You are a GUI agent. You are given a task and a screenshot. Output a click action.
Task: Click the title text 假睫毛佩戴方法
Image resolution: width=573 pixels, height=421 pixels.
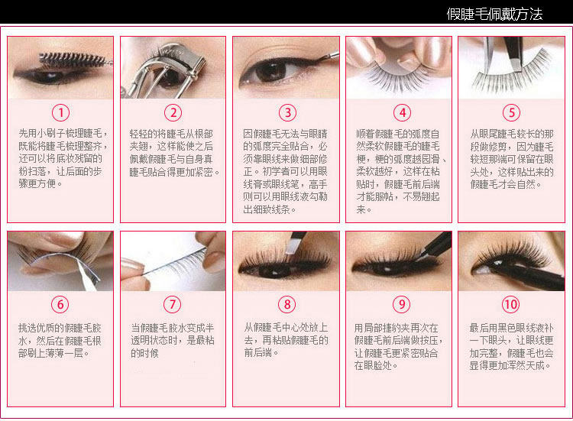pyautogui.click(x=494, y=14)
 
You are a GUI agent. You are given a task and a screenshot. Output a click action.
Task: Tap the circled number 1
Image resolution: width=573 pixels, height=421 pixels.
pyautogui.click(x=60, y=112)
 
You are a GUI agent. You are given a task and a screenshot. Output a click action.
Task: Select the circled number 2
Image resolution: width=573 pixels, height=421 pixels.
pyautogui.click(x=173, y=112)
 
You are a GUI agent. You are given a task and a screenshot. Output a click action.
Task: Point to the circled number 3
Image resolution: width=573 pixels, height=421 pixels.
pyautogui.click(x=287, y=112)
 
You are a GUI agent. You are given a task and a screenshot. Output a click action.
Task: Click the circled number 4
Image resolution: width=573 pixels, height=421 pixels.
pyautogui.click(x=403, y=112)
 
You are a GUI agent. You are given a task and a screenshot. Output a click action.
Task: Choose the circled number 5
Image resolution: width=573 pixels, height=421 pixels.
pyautogui.click(x=512, y=112)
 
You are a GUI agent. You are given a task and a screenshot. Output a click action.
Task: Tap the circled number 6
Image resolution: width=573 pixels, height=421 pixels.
pyautogui.click(x=60, y=304)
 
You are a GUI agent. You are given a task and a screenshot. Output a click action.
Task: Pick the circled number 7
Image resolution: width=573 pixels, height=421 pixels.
pyautogui.click(x=172, y=304)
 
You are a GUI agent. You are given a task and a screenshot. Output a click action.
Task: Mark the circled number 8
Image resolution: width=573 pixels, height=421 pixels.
pyautogui.click(x=287, y=304)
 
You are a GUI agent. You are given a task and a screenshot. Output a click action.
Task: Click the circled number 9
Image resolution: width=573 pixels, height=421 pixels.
pyautogui.click(x=402, y=304)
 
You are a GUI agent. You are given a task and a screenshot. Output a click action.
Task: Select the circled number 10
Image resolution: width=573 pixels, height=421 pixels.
pyautogui.click(x=510, y=304)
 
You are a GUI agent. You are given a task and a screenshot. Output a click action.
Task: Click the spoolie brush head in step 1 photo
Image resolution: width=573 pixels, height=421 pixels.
pyautogui.click(x=71, y=59)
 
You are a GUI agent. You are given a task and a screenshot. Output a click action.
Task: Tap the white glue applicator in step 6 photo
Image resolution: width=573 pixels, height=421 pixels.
pyautogui.click(x=87, y=275)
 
